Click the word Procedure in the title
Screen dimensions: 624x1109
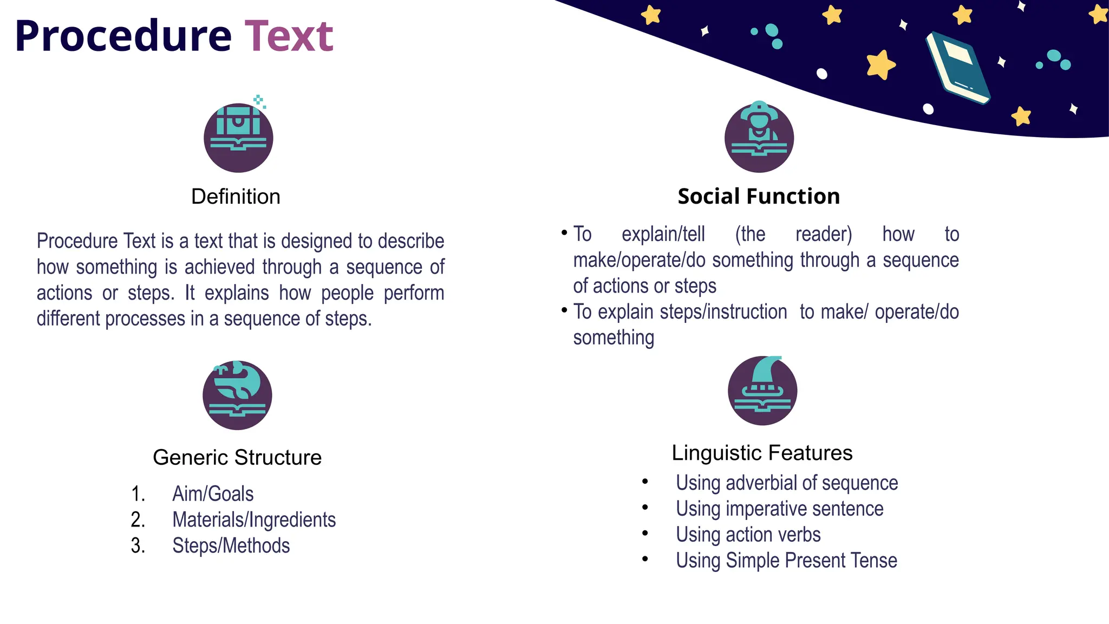pos(123,37)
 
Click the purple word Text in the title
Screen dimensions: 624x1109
pos(289,37)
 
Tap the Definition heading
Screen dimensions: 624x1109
pos(236,197)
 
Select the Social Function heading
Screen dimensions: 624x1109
pos(759,196)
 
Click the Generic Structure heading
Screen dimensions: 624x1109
pos(237,458)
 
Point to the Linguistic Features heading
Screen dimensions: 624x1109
pos(762,453)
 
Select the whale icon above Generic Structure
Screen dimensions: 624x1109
pos(237,395)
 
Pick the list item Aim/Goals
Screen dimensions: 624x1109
pos(213,494)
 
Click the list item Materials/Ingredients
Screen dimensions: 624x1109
pos(254,520)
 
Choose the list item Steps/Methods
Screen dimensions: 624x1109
pos(231,546)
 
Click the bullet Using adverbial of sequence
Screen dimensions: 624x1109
pos(787,483)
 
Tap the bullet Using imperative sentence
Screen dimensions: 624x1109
pos(779,509)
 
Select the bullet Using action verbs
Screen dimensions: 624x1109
pos(748,535)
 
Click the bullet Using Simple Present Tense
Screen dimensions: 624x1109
pos(786,561)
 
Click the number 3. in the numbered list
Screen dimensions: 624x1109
pos(138,546)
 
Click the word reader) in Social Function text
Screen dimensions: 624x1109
pos(824,235)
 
